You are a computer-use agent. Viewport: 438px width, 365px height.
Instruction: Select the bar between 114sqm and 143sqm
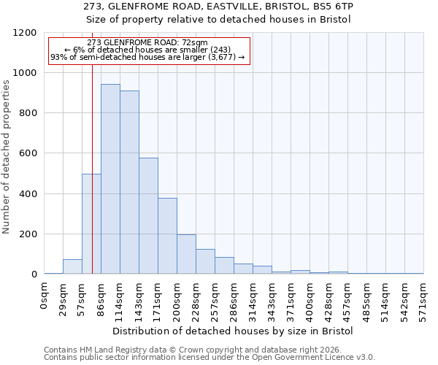(129, 182)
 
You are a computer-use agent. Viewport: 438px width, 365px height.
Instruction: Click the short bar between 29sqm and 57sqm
(72, 266)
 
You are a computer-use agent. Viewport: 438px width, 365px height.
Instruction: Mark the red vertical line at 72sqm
(93, 146)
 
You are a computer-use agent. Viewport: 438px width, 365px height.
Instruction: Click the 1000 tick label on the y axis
(23, 73)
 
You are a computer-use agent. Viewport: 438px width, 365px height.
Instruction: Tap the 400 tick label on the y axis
(26, 194)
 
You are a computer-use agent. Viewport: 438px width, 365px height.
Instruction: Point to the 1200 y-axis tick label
(23, 33)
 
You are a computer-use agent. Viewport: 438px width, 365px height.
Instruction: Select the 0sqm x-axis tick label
(45, 295)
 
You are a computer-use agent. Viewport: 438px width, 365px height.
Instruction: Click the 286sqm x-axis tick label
(234, 299)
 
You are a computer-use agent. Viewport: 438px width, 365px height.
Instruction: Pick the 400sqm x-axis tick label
(310, 299)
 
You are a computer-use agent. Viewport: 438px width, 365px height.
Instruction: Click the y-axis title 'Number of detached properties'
(7, 158)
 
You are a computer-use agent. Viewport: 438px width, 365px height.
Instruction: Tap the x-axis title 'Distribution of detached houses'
(234, 331)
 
